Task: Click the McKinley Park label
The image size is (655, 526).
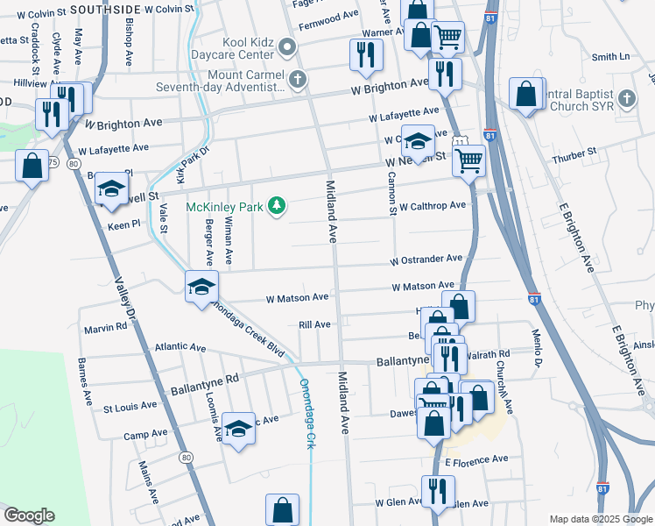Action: (223, 208)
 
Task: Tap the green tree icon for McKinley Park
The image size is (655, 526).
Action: (277, 206)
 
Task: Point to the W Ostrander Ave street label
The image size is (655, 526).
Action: (426, 259)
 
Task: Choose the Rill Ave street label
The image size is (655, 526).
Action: (314, 324)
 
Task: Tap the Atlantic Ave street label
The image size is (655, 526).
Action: (180, 347)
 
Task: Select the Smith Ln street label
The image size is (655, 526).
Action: (610, 57)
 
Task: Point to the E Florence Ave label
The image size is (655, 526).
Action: (476, 459)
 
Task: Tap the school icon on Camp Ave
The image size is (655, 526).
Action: (238, 429)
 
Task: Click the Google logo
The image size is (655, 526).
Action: (29, 515)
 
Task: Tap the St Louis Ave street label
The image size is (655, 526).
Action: (130, 407)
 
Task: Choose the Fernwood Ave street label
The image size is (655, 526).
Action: (328, 16)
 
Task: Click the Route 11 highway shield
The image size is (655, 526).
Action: (459, 141)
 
